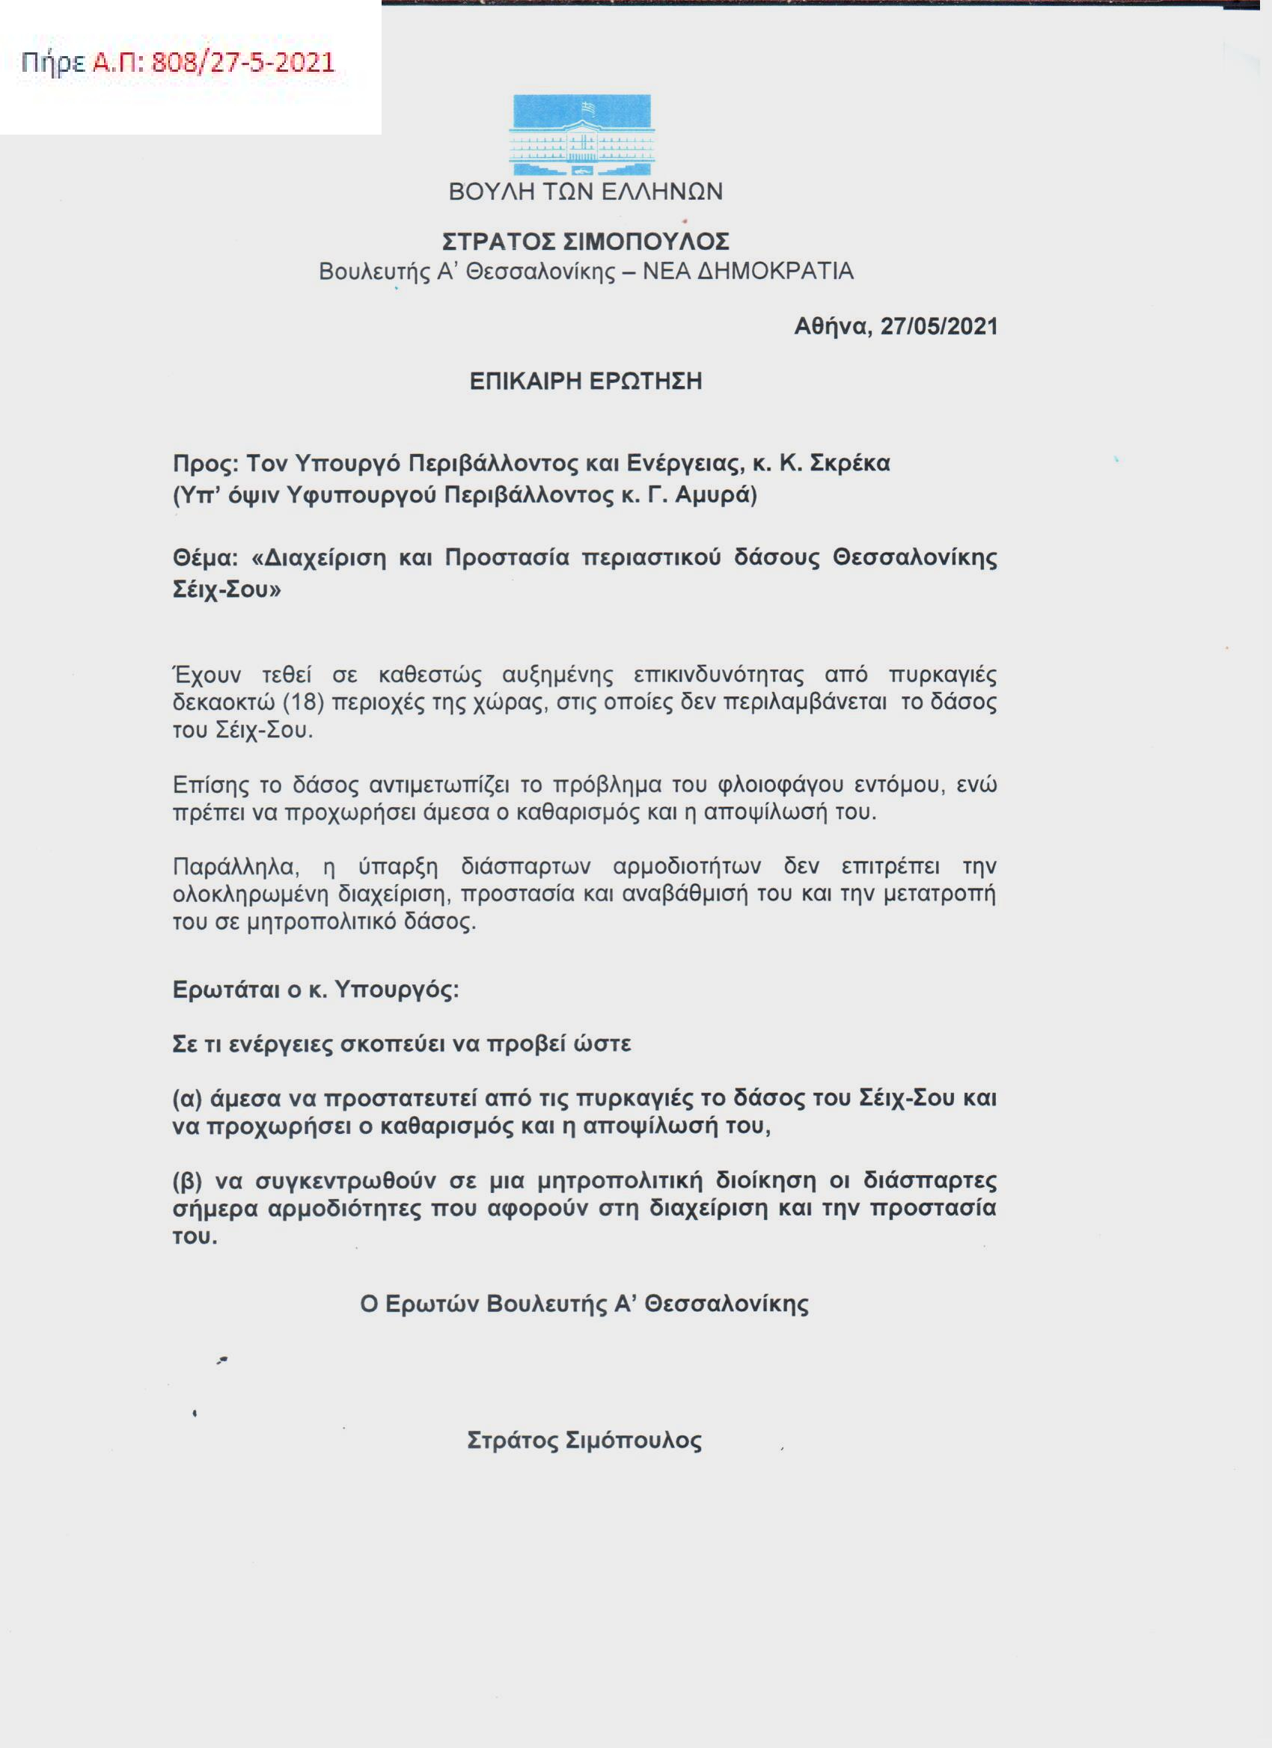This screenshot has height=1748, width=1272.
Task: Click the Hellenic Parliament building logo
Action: (582, 135)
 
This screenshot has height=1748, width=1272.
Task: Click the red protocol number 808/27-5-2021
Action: (243, 62)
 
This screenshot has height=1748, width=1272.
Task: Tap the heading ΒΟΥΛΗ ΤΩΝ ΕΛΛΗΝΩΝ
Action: (585, 192)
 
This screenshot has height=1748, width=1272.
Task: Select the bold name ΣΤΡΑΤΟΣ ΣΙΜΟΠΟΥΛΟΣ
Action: (585, 242)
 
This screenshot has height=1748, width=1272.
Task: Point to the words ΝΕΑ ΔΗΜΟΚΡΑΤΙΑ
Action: (747, 272)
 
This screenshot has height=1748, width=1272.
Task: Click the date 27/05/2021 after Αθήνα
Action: (938, 327)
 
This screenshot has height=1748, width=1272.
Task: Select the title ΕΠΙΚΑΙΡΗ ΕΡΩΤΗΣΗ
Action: (585, 381)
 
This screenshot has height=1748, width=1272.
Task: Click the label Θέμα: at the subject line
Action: (205, 557)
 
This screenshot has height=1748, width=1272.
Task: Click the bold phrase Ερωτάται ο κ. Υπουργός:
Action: (315, 990)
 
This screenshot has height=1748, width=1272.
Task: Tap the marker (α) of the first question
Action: (187, 1098)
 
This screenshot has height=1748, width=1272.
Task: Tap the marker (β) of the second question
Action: (187, 1181)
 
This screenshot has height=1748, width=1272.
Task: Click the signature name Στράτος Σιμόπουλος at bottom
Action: (584, 1441)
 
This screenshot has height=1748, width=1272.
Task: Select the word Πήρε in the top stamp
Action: (52, 63)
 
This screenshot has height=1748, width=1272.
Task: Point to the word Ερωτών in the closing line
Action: (431, 1304)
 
